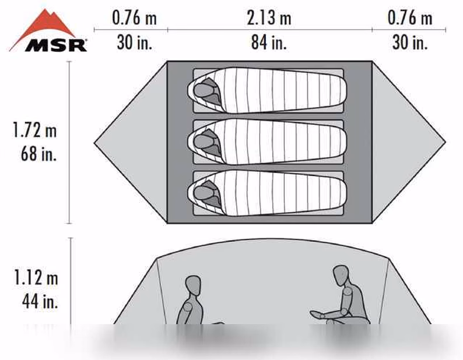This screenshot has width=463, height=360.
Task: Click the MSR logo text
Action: [x=56, y=45]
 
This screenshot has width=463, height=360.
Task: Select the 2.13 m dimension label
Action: [x=269, y=17]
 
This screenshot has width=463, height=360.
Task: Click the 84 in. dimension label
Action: [x=269, y=42]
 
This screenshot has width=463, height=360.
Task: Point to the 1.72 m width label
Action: [x=34, y=130]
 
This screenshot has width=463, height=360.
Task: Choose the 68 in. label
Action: [x=38, y=153]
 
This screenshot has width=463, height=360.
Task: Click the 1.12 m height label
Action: [x=36, y=278]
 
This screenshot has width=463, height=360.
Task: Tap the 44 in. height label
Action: [x=40, y=301]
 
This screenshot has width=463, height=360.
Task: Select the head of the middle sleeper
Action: [x=202, y=141]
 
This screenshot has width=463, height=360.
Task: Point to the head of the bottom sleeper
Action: [x=202, y=192]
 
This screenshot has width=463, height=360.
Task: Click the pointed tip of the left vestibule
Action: [x=94, y=143]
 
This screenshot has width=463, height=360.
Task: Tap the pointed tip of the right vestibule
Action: [x=446, y=142]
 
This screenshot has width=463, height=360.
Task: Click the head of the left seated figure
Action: [x=193, y=285]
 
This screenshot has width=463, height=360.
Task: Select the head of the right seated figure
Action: [x=341, y=275]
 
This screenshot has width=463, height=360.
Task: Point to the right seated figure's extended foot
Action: [x=317, y=314]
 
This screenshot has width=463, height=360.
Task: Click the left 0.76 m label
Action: [x=134, y=17]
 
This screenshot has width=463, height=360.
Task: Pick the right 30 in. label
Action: [x=410, y=42]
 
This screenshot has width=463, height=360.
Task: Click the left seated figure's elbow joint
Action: [x=188, y=307]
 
